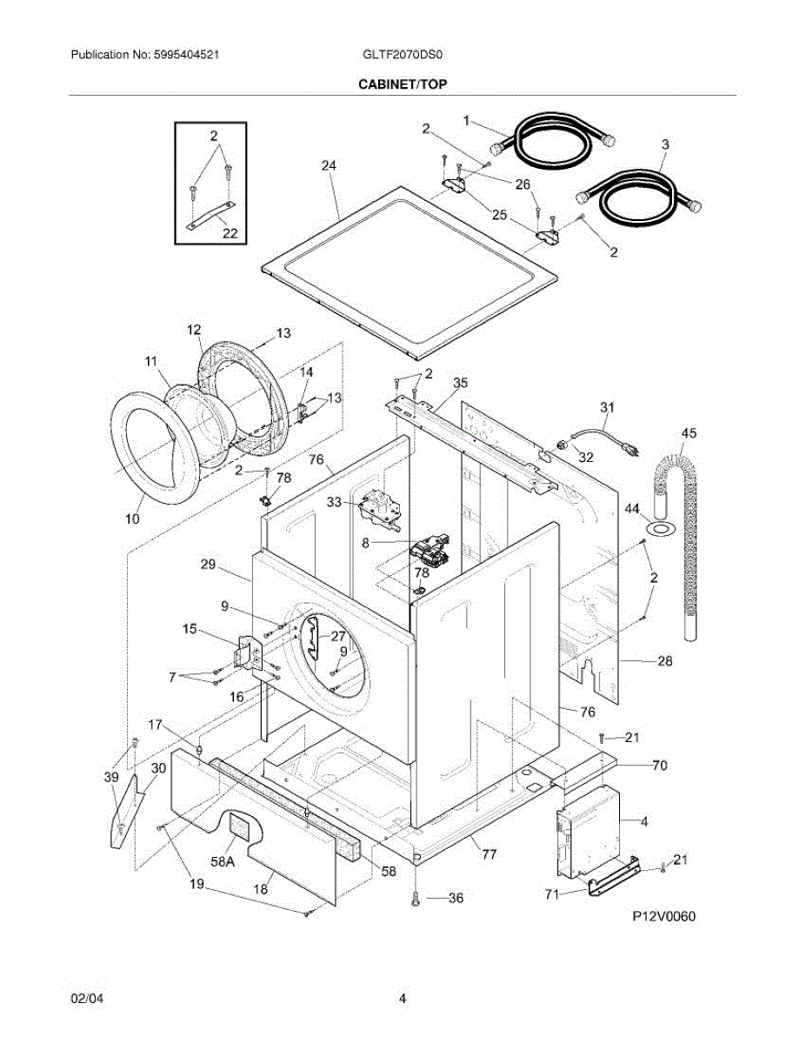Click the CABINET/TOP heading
pos(403,84)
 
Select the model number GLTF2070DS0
pos(403,55)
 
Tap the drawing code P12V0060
pos(664,916)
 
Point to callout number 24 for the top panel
pos(328,165)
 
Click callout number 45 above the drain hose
pos(689,432)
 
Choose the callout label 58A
pos(223,861)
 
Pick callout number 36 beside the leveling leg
pos(456,900)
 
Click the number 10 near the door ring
pos(131,519)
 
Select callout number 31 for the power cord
pos(607,406)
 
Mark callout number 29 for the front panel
pos(207,565)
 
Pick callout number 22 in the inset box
pos(229,233)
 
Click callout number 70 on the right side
pos(660,766)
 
